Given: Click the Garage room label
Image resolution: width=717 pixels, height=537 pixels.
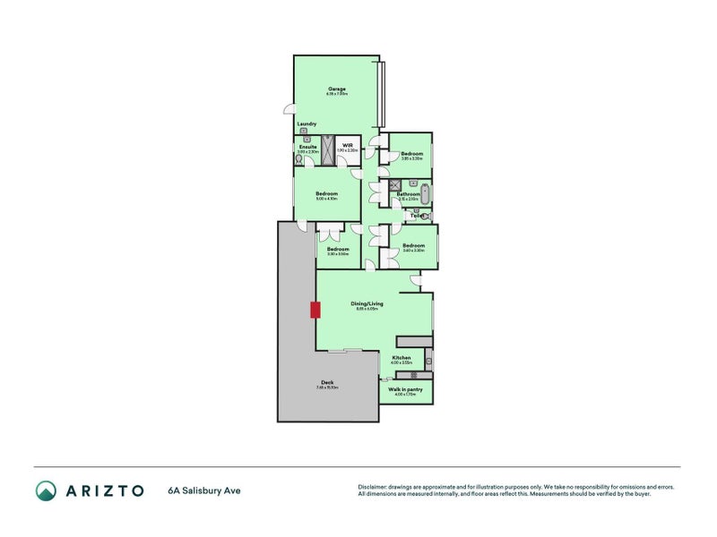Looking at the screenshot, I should click(337, 89).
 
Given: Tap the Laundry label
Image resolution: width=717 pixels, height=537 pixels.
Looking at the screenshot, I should click(307, 124).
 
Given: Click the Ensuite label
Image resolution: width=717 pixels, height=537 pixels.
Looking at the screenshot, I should click(308, 146).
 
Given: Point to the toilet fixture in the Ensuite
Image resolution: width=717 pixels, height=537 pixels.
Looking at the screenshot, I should click(299, 160).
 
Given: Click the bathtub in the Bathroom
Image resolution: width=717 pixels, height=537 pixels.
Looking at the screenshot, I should click(426, 193).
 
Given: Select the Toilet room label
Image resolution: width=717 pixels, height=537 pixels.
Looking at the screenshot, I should click(417, 215).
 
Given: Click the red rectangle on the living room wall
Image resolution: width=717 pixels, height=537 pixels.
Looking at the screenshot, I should click(315, 310).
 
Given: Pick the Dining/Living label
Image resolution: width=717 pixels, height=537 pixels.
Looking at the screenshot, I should click(368, 303).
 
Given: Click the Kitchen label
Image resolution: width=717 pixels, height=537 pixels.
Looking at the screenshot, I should click(402, 357).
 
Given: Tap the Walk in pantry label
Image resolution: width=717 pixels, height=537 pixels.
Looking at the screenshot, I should click(405, 389).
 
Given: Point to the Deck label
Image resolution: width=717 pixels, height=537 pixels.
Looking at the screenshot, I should click(327, 382).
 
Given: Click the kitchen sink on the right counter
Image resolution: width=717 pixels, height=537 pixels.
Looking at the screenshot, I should click(428, 362).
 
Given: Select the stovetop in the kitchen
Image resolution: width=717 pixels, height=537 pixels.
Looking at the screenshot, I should click(415, 374).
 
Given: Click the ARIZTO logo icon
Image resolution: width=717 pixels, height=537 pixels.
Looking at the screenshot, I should click(46, 490).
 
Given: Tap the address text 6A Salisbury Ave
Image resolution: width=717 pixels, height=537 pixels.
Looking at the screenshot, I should click(203, 490).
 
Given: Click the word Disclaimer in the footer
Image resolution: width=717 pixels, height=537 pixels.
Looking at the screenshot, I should click(376, 487).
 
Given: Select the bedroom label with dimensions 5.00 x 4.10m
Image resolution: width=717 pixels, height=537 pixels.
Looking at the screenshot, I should click(326, 193).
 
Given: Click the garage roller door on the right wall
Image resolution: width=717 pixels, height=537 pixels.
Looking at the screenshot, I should click(383, 94).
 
